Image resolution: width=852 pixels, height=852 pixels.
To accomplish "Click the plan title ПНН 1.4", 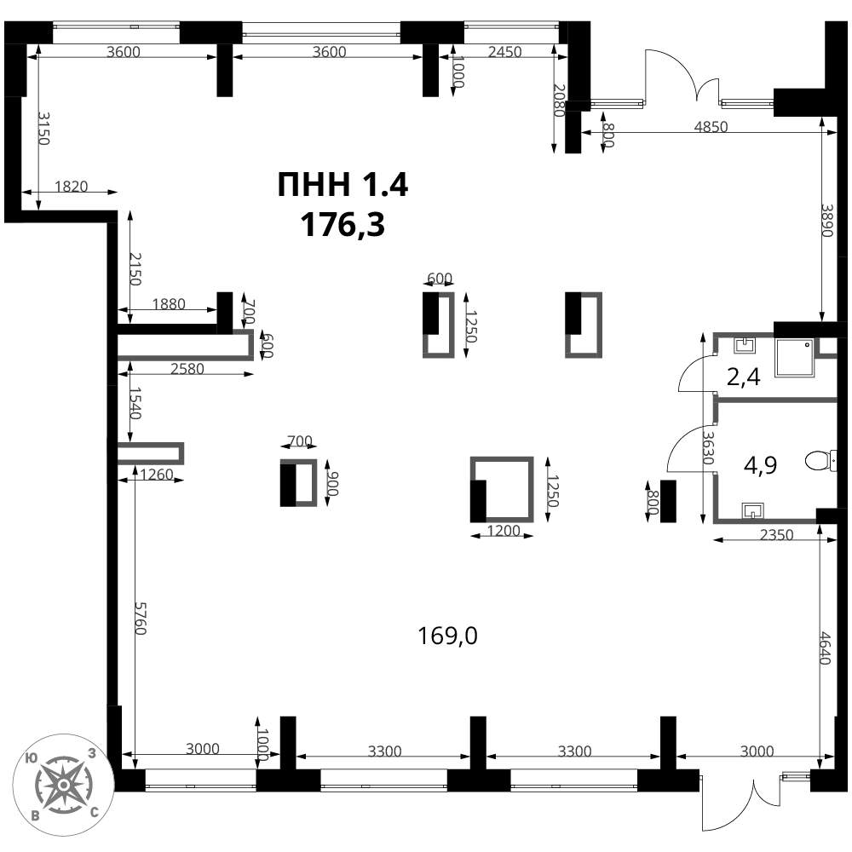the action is pyautogui.click(x=343, y=184).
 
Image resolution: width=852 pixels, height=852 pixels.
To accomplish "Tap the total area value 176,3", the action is pyautogui.click(x=343, y=224).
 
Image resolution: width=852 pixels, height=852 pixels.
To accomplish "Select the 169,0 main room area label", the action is pyautogui.click(x=447, y=636).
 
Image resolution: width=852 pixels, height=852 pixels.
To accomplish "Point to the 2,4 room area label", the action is pyautogui.click(x=743, y=377).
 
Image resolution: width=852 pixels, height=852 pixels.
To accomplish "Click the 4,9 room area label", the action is pyautogui.click(x=760, y=465).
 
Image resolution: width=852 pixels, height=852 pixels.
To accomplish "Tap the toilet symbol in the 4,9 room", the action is pyautogui.click(x=820, y=461).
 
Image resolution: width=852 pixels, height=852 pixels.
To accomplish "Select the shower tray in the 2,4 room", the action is pyautogui.click(x=795, y=358).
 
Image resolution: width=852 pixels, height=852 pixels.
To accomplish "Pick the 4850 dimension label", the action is pyautogui.click(x=711, y=127).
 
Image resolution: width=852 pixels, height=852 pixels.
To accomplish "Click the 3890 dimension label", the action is pyautogui.click(x=827, y=220).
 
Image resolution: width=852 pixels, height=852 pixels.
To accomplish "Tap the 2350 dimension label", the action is pyautogui.click(x=776, y=535).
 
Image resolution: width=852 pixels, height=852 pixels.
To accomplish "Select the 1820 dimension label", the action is pyautogui.click(x=72, y=187).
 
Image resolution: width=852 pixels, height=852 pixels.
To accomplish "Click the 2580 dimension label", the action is pyautogui.click(x=187, y=369).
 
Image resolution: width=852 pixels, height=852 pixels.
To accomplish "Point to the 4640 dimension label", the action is pyautogui.click(x=826, y=648).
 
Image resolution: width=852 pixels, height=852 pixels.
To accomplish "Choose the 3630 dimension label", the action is pyautogui.click(x=707, y=448).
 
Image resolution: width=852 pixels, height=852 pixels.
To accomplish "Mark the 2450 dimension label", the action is pyautogui.click(x=504, y=52).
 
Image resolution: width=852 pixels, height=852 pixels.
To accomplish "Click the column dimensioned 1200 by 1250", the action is pyautogui.click(x=502, y=490).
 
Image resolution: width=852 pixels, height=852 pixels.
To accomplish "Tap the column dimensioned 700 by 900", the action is pyautogui.click(x=298, y=482).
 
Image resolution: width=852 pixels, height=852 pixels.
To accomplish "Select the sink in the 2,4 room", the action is pyautogui.click(x=745, y=345).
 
